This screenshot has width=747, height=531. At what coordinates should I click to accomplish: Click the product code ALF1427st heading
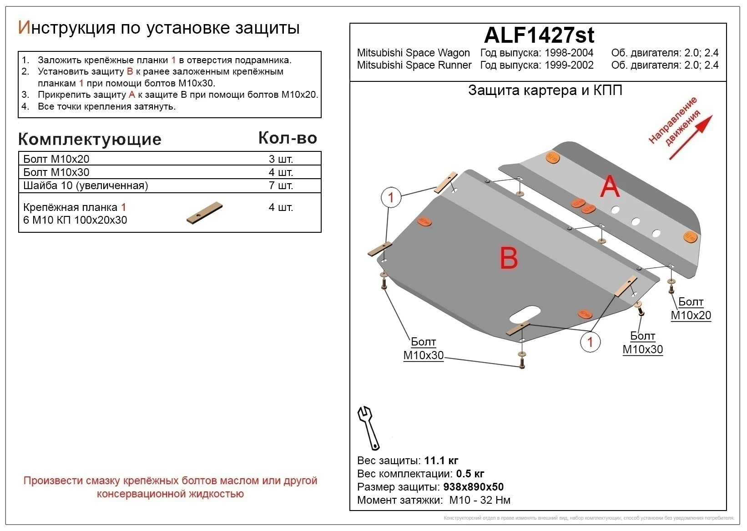539,35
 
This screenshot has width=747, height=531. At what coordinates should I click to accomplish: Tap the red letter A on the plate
609,187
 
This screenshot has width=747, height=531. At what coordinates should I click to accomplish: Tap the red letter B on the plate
509,258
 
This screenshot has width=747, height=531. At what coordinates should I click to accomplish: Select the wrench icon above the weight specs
369,428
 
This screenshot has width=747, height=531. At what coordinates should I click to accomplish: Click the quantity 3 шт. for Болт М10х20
281,159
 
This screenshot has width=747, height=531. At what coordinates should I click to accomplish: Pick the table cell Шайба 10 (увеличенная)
86,185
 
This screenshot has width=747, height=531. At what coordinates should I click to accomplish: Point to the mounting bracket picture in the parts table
204,213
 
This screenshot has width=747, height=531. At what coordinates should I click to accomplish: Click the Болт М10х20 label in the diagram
691,309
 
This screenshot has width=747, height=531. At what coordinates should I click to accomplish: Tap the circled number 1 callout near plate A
391,198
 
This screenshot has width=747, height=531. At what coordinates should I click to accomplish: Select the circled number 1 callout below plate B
590,342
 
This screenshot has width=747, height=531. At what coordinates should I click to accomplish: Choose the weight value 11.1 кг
441,461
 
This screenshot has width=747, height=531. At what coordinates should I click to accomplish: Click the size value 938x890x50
473,487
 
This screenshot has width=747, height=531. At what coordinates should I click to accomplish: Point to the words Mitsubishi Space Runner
414,65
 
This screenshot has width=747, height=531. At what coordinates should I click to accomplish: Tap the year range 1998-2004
569,53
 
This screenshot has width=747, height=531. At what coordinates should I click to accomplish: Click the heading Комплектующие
90,139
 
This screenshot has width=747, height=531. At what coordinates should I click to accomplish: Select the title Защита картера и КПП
545,90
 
